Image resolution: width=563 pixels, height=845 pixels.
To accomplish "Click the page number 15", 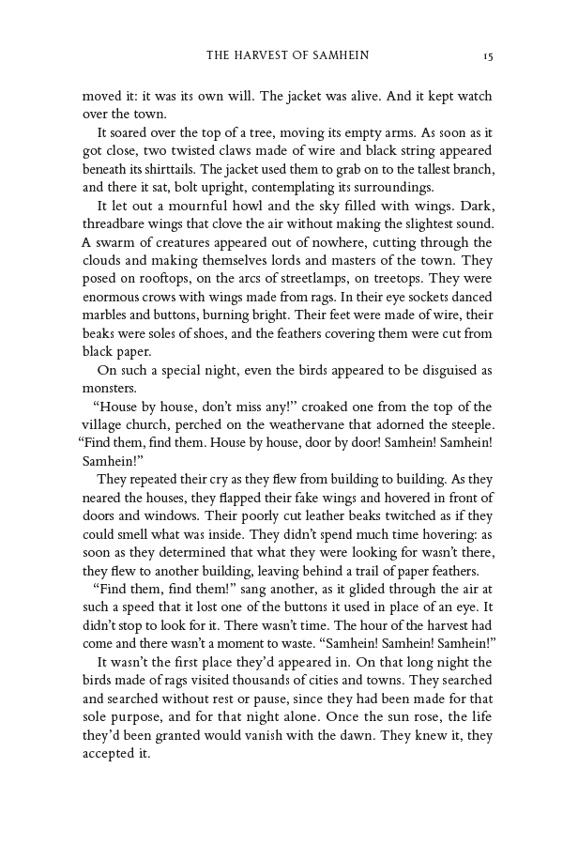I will coord(488,56).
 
